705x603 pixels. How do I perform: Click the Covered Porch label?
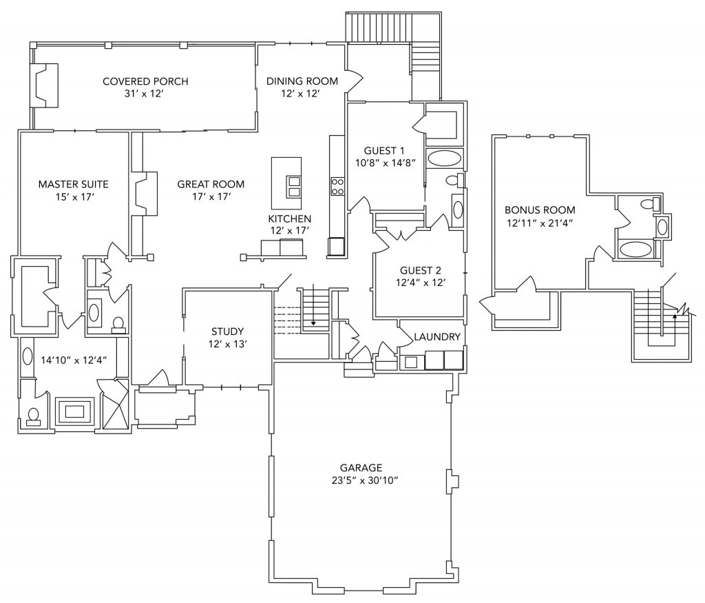(145, 81)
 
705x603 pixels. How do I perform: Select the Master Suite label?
(73, 184)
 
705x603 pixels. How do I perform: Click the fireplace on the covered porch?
(44, 85)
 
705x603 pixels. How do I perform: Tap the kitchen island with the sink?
(286, 184)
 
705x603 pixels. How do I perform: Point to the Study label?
(228, 331)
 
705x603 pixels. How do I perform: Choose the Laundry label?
(436, 337)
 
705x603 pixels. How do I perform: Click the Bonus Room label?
(540, 210)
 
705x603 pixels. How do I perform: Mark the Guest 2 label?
(419, 271)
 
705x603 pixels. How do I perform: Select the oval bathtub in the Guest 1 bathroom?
(444, 158)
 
